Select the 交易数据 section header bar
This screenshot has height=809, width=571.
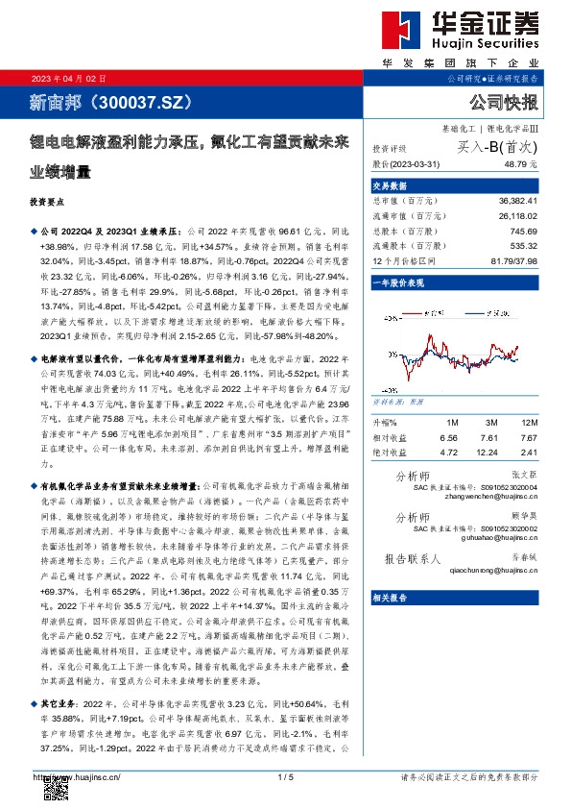455,185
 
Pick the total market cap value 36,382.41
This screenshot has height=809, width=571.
516,200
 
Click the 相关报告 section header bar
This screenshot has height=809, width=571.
455,597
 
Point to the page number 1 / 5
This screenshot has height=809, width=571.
285,776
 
